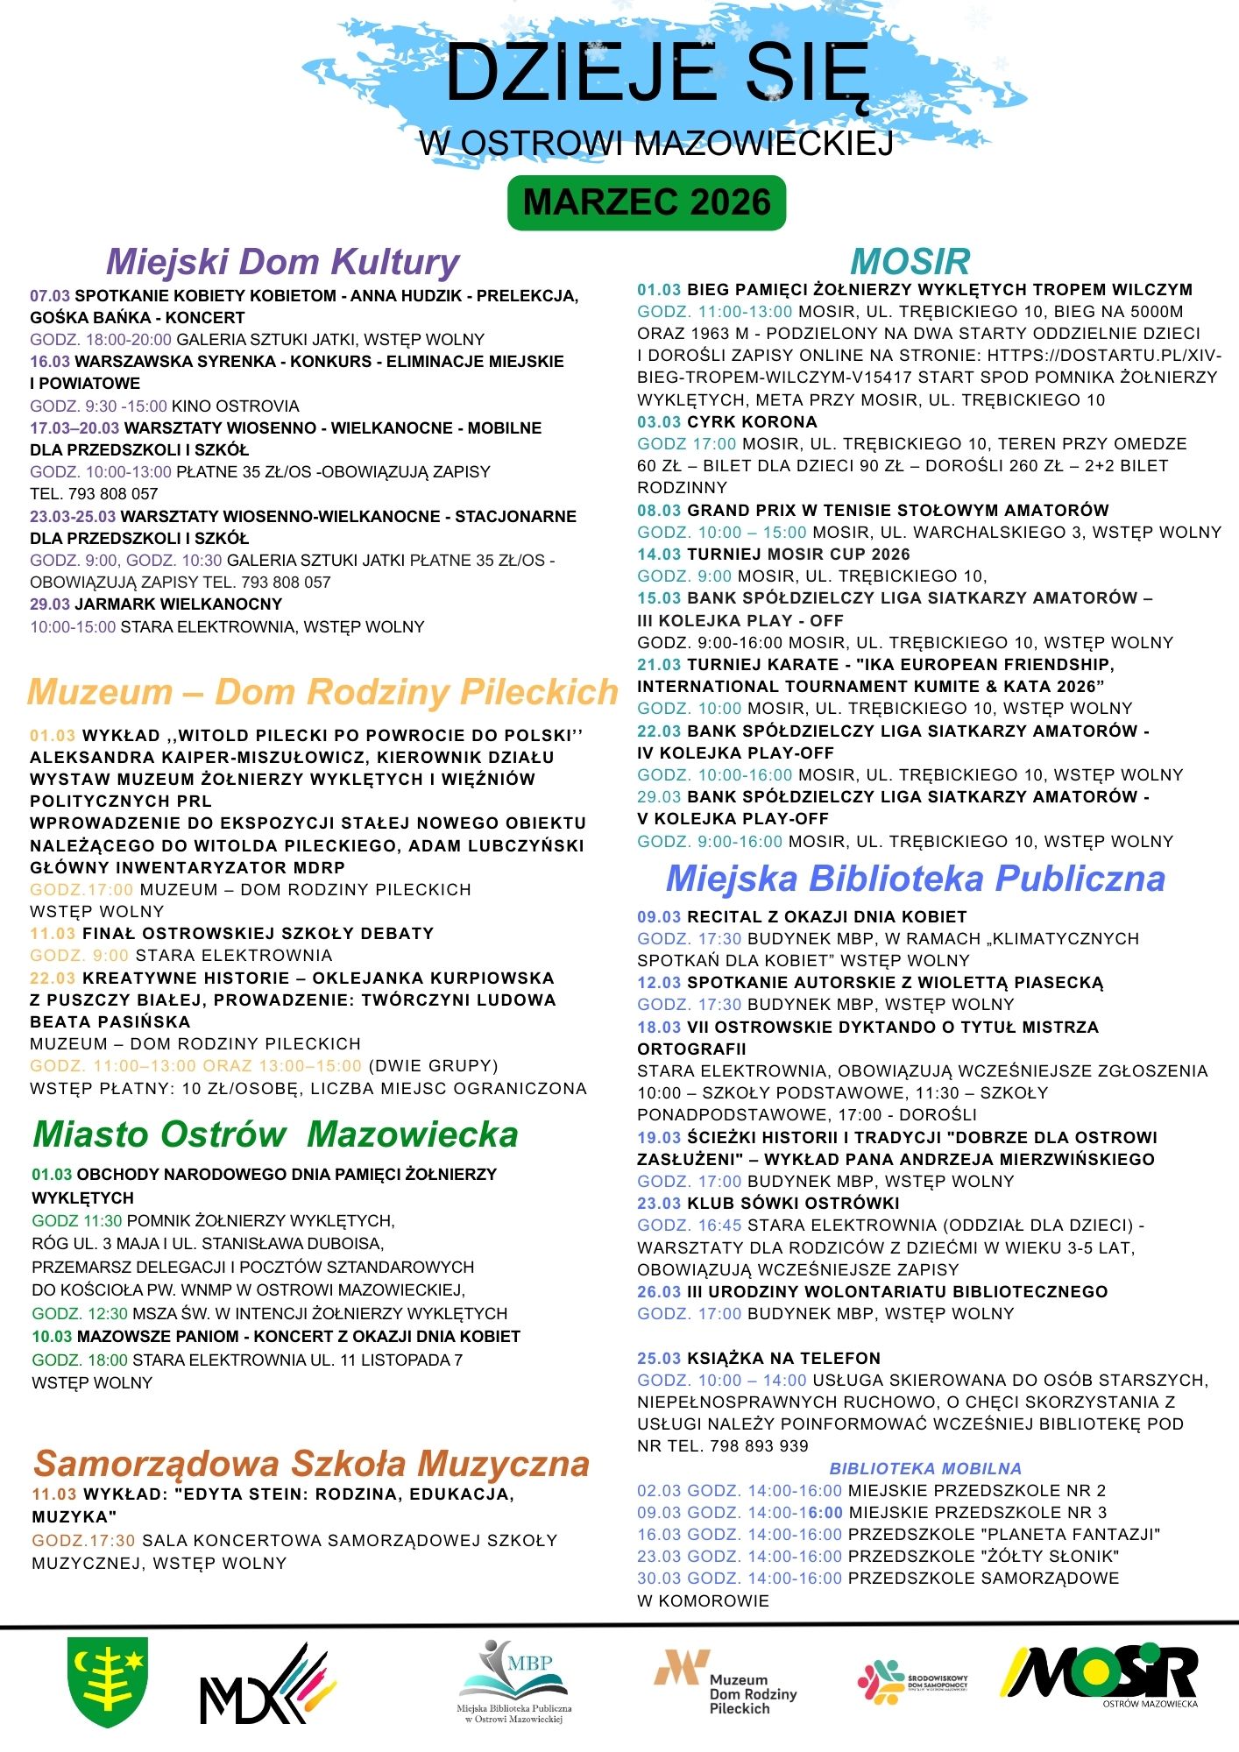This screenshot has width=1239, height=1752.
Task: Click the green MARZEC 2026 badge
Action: click(647, 202)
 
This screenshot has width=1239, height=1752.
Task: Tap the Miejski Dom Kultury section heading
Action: click(283, 262)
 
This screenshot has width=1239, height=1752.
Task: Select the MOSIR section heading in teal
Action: click(910, 262)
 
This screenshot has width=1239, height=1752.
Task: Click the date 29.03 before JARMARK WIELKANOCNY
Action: click(50, 604)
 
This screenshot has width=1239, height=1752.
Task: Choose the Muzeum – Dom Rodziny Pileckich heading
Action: click(323, 692)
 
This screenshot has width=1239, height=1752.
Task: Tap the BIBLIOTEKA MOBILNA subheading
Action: click(925, 1469)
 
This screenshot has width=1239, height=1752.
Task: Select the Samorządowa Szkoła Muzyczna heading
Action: click(311, 1464)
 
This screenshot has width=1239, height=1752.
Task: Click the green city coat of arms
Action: click(108, 1681)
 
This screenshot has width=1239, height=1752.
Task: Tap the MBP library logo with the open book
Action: click(514, 1679)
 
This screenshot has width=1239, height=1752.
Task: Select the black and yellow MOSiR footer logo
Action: click(1100, 1675)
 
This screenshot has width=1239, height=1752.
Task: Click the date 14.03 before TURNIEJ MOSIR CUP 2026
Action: click(659, 555)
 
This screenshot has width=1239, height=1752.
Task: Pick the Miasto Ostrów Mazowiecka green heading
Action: click(275, 1134)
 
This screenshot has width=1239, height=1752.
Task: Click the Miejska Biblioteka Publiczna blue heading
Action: click(916, 879)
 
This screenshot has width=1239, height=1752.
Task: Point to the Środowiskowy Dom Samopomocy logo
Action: click(912, 1682)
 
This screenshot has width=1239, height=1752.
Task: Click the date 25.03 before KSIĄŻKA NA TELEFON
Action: click(659, 1359)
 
